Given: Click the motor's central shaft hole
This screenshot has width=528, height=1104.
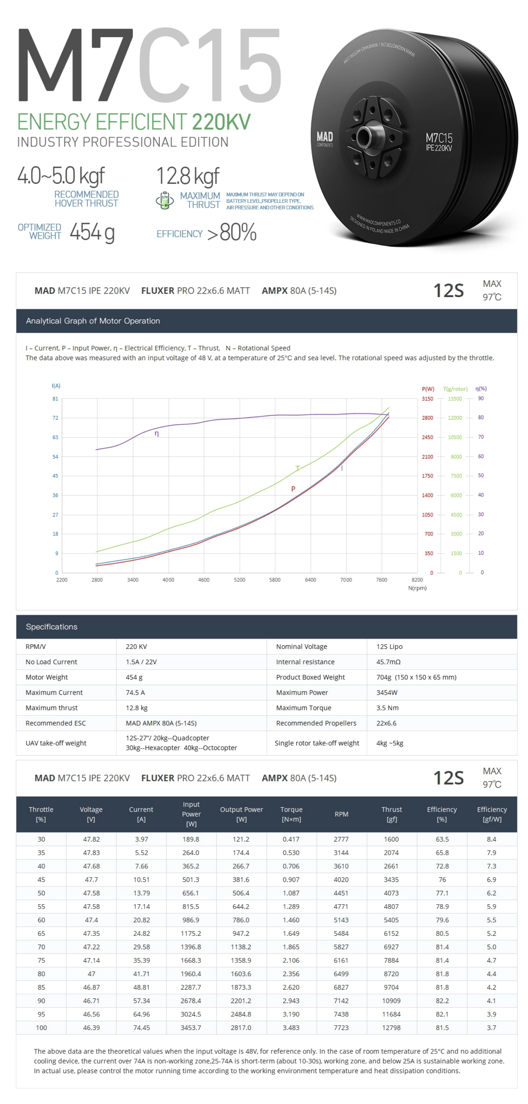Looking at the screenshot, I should pos(364,136).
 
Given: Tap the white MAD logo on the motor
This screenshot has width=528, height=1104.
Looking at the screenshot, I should pos(325,137).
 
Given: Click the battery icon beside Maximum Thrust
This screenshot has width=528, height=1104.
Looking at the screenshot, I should pos(164,200).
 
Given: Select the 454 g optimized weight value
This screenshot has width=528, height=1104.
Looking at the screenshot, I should pos(92,232).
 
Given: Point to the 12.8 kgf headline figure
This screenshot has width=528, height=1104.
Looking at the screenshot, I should pos(188,176).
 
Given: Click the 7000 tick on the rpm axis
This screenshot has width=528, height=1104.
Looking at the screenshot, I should pos(346,580).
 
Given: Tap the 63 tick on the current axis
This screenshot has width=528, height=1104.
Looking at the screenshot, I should pos(55,437).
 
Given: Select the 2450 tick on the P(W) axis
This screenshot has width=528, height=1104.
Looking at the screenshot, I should pos(427,437).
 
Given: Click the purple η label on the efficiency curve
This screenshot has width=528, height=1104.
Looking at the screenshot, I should pos(157,434).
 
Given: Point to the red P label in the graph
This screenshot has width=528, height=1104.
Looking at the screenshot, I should pos(293,489).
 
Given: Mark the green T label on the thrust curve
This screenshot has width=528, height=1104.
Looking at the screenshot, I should pos(297,468).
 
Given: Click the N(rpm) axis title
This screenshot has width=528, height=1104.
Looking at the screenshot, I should pos(417,588).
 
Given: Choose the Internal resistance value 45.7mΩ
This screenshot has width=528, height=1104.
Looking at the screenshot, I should pos(388,662).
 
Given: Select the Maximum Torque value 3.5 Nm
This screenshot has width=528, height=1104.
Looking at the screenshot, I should pos(387,707).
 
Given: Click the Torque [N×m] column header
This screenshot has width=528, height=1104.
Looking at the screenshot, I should pos(291,814).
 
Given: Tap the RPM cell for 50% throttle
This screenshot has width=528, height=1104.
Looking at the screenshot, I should pos(341,893).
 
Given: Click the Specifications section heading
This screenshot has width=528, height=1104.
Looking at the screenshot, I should pos(52,626).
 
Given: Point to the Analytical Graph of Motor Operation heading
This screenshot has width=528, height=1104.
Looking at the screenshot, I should pos(93,321).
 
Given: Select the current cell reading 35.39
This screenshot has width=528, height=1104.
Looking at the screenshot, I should pos(141,960).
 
